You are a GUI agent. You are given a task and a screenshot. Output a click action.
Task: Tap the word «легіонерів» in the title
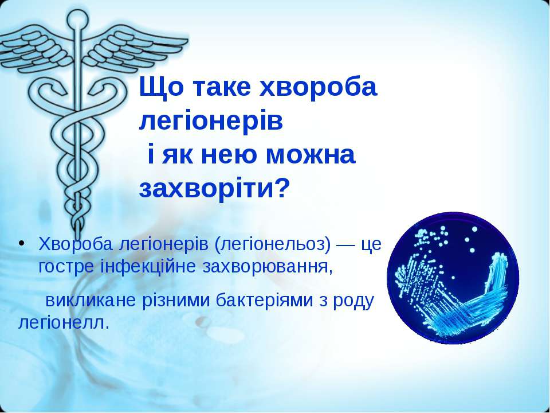(x=211, y=121)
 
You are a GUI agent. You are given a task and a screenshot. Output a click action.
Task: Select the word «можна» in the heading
(x=311, y=155)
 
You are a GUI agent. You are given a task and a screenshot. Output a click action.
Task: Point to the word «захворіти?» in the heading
(x=214, y=189)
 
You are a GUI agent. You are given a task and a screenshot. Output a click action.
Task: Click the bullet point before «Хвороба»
(x=22, y=243)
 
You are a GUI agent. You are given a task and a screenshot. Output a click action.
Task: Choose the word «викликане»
(x=91, y=301)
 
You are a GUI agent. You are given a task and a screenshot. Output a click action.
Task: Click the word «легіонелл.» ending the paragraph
(x=64, y=323)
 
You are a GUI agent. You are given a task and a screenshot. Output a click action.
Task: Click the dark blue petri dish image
(x=453, y=278)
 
